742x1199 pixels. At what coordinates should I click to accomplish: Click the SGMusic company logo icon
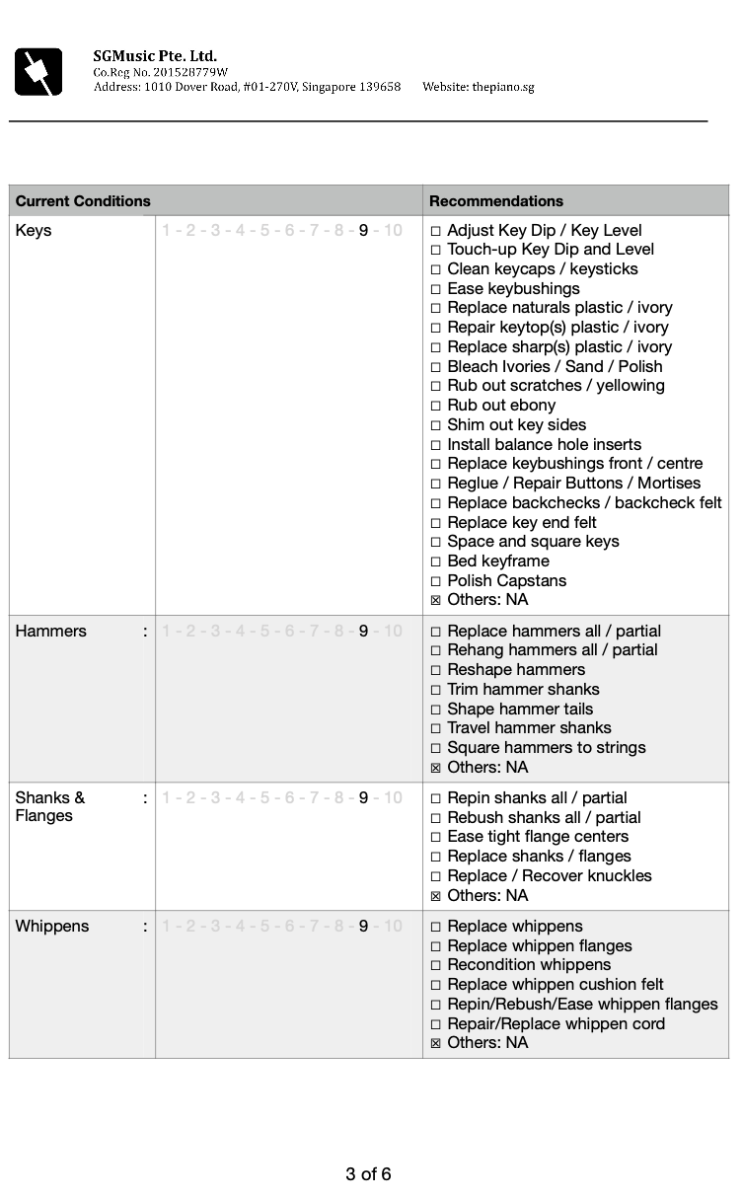38,72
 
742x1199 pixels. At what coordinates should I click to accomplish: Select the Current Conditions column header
83,201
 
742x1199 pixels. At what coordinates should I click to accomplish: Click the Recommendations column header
495,201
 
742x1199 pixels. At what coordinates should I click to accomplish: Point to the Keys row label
34,231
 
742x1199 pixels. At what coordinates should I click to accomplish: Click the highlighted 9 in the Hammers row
363,632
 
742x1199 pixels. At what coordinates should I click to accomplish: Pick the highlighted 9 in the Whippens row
363,927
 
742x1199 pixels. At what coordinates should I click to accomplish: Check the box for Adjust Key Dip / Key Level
436,231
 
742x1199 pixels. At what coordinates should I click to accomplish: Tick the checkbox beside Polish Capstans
436,581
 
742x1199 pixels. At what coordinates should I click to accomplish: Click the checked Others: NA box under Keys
436,601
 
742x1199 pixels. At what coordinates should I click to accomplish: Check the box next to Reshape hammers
436,671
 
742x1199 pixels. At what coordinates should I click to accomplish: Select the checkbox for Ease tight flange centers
436,838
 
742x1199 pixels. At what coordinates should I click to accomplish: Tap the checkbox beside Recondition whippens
436,966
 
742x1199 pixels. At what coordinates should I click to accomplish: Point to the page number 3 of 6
368,1174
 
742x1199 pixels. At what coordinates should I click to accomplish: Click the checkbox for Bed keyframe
436,562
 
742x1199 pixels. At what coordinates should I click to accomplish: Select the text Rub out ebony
501,406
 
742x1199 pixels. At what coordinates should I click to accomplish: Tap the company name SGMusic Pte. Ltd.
155,56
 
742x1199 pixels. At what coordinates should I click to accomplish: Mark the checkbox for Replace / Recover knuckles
436,877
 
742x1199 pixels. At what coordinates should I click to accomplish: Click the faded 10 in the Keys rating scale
393,231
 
